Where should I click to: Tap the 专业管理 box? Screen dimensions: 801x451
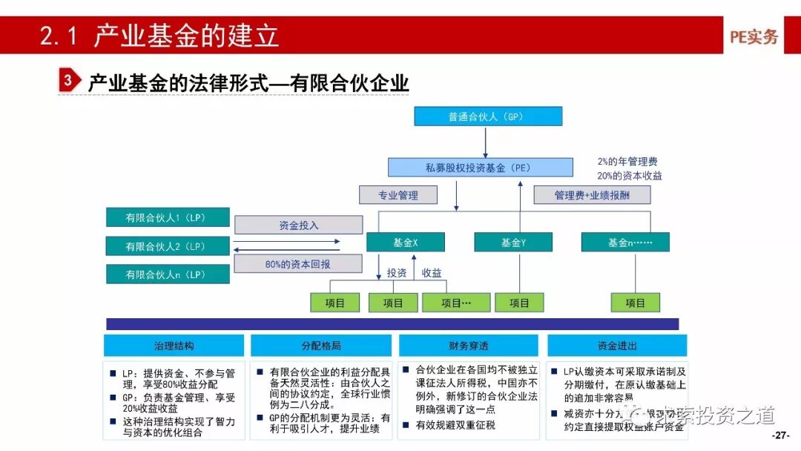(398, 195)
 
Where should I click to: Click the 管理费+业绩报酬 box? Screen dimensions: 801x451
(592, 195)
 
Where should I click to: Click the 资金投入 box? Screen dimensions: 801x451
(298, 225)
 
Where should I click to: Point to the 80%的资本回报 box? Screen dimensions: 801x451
(298, 263)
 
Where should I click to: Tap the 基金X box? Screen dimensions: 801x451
(405, 243)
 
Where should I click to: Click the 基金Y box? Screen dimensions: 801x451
(513, 243)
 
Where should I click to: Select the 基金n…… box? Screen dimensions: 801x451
(625, 243)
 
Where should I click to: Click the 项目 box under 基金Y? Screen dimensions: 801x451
(519, 303)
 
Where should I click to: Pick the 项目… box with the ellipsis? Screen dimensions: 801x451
(456, 303)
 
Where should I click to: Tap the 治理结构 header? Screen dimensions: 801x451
(174, 346)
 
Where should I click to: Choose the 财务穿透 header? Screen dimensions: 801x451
(469, 346)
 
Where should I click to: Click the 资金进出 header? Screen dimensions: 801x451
(617, 346)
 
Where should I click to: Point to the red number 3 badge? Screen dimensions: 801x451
(68, 81)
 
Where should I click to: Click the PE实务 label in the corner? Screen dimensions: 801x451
(754, 36)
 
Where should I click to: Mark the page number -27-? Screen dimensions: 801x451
(782, 435)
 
